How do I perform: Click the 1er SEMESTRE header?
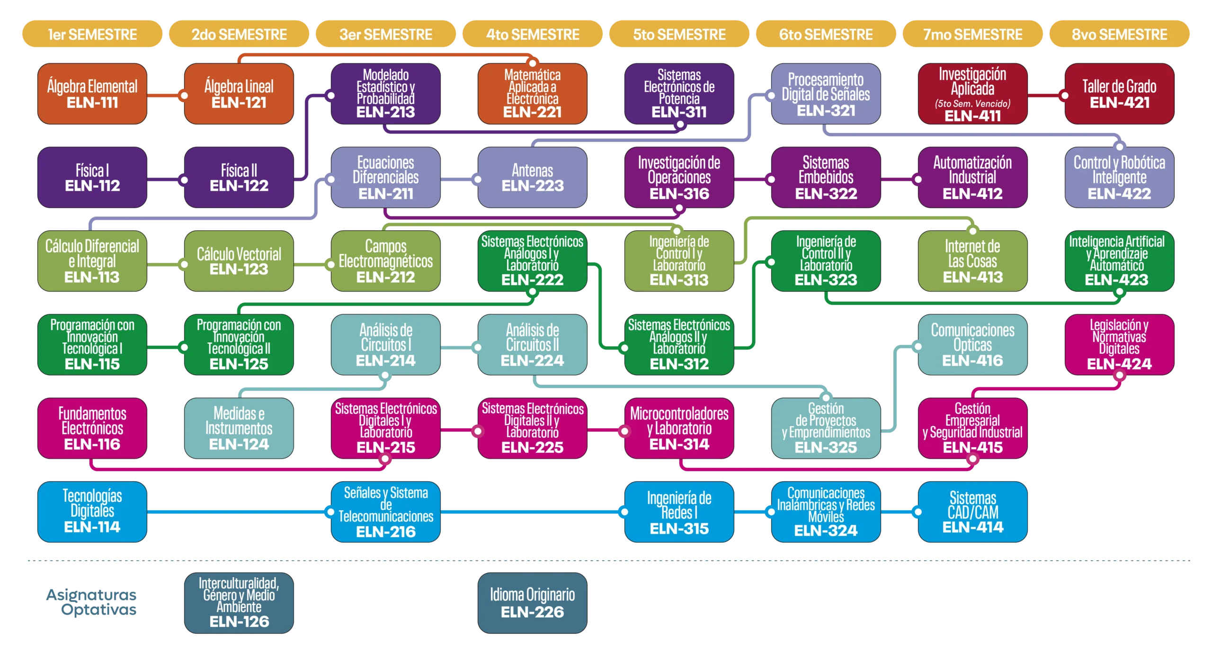[x=92, y=34]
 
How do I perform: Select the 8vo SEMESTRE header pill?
[x=1119, y=34]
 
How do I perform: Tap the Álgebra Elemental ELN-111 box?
[x=92, y=94]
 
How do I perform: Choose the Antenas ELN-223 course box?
[x=532, y=178]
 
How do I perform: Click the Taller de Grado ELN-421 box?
[x=1119, y=94]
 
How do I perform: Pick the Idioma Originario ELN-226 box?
[x=532, y=603]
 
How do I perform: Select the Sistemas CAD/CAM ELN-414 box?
[x=972, y=512]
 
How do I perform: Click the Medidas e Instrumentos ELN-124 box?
[x=239, y=428]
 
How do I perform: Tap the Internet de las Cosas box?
[x=972, y=261]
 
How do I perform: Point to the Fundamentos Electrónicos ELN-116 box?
[x=92, y=428]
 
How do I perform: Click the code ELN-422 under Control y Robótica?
[x=1119, y=194]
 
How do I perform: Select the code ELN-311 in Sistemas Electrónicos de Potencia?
[x=679, y=112]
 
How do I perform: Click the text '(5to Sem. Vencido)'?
[x=972, y=104]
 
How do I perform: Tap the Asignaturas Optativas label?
[x=92, y=603]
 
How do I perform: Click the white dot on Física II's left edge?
[x=184, y=180]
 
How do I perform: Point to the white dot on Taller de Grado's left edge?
[x=1065, y=96]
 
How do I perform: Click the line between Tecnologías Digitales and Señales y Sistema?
[x=237, y=512]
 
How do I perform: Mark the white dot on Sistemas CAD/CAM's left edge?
[x=918, y=512]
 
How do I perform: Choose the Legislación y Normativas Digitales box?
[x=1119, y=344]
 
